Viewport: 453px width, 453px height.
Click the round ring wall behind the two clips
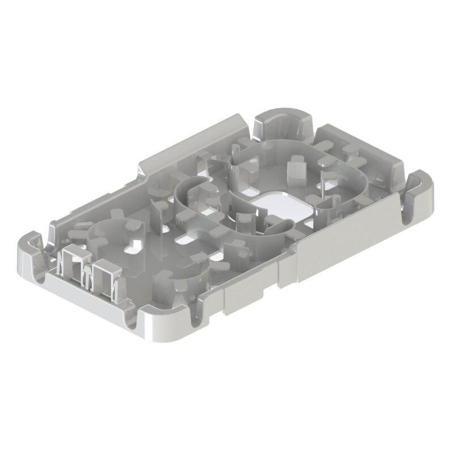[x=108, y=232]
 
